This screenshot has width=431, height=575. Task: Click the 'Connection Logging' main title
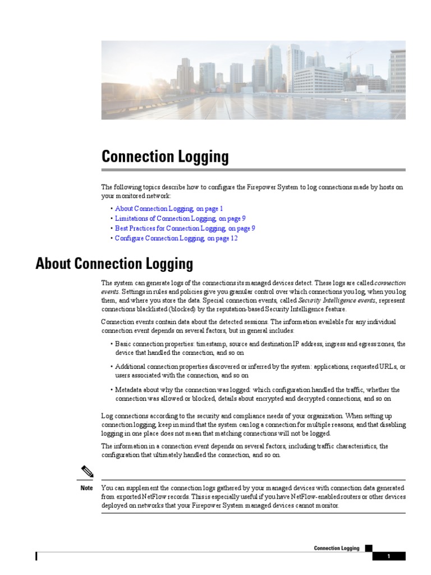[x=165, y=157]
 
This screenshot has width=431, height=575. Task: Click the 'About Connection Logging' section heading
[x=114, y=263]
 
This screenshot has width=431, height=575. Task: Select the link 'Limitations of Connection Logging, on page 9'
[x=180, y=218]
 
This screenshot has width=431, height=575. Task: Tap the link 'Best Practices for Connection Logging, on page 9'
[x=185, y=228]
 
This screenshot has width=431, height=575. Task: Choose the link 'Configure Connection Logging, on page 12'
[x=176, y=238]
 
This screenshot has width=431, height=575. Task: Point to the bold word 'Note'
[x=86, y=488]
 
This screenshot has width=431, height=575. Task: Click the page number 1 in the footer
[x=388, y=556]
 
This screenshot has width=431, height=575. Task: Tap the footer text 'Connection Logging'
[x=337, y=548]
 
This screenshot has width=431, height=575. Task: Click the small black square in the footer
[x=368, y=548]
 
